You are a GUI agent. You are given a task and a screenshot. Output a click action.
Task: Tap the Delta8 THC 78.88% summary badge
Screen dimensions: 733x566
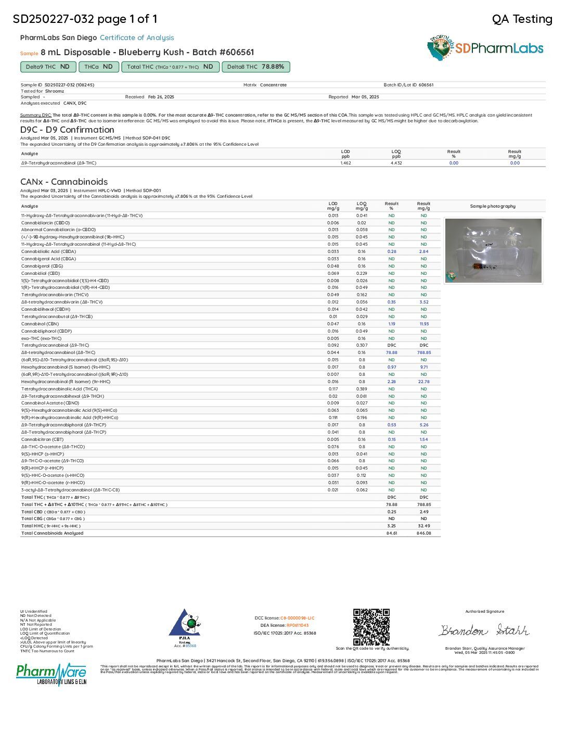click(x=255, y=67)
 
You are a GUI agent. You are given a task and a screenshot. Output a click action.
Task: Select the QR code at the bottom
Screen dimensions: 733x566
click(x=371, y=627)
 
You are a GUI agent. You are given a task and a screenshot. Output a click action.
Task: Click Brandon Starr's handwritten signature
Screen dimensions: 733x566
click(x=484, y=630)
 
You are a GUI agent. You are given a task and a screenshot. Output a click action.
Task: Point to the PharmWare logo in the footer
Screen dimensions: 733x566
click(x=51, y=674)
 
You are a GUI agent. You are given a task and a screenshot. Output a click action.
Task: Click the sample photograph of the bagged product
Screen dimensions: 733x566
click(x=493, y=250)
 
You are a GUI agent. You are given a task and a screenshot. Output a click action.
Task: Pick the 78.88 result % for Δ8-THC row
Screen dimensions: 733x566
click(x=391, y=352)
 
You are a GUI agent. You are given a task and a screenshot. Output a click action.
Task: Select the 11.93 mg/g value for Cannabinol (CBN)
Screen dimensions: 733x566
click(x=423, y=324)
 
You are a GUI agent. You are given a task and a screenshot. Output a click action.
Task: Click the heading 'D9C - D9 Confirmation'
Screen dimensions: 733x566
click(x=67, y=130)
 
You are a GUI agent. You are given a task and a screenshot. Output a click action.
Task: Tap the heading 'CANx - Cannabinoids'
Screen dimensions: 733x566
click(x=64, y=182)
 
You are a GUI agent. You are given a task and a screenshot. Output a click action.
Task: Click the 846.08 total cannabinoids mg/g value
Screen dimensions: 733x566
click(x=423, y=533)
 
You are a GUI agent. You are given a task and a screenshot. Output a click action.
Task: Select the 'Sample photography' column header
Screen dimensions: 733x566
click(x=493, y=206)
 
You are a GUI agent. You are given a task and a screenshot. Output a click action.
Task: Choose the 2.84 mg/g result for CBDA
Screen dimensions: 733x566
click(x=423, y=251)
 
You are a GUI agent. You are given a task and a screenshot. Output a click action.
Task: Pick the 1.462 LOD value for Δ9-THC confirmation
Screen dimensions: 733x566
click(x=345, y=163)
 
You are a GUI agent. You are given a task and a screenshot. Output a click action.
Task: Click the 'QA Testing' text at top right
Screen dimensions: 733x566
click(x=522, y=19)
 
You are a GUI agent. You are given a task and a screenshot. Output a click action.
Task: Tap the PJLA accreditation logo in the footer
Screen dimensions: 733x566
click(x=185, y=628)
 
